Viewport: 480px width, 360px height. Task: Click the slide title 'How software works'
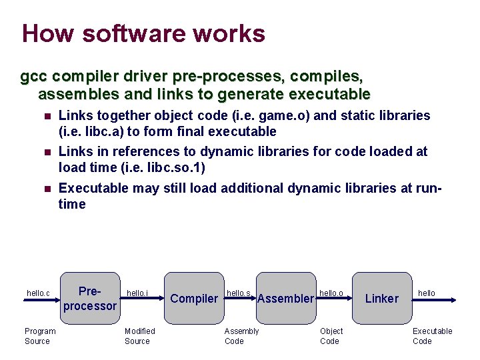[x=143, y=33]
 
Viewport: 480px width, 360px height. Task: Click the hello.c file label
[x=38, y=293]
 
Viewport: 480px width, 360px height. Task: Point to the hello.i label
[x=137, y=293]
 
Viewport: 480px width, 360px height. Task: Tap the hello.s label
[x=239, y=293]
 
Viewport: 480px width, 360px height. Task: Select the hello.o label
[x=331, y=293]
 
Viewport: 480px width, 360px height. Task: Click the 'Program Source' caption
[x=40, y=336]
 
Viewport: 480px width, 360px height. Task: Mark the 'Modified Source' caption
[x=139, y=336]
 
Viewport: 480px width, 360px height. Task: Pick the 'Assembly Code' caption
[x=241, y=336]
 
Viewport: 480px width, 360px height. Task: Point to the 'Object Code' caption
[x=331, y=336]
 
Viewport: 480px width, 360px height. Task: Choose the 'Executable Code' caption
[x=432, y=336]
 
